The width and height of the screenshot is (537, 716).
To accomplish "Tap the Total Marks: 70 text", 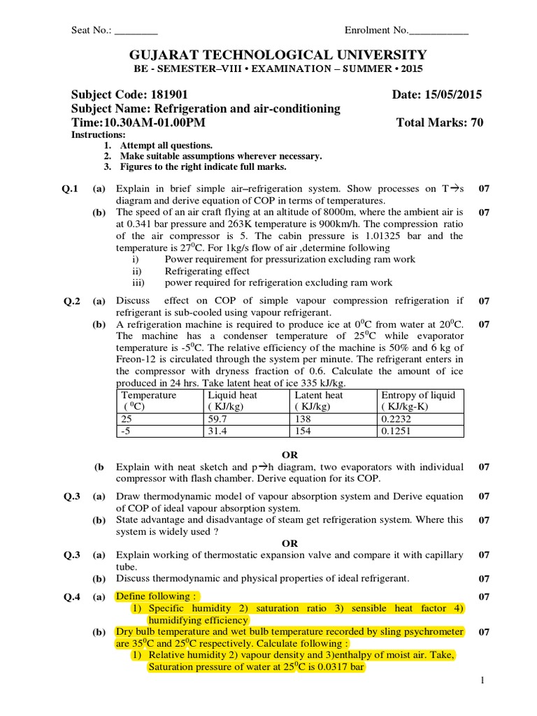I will (439, 122).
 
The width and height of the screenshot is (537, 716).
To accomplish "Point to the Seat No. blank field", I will (136, 31).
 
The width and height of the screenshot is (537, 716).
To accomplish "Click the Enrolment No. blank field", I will (438, 31).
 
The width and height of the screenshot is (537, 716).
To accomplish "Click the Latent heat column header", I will (318, 395).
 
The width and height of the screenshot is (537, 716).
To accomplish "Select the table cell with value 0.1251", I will (396, 431).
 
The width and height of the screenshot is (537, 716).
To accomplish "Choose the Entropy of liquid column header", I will (417, 395).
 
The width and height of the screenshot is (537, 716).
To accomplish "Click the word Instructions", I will (98, 134).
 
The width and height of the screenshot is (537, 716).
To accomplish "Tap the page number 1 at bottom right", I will (482, 680).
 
